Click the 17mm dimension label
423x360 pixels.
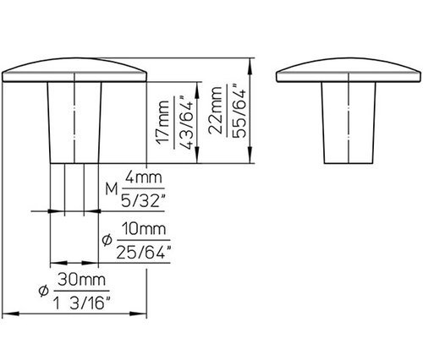tap(163, 123)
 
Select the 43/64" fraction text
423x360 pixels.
tap(186, 123)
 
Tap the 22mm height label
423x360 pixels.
tap(215, 110)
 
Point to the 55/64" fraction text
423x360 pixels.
tap(239, 111)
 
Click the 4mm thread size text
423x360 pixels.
tap(144, 177)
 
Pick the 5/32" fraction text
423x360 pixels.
tap(143, 201)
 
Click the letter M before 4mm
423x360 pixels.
tap(112, 188)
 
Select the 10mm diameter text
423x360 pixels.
tap(144, 229)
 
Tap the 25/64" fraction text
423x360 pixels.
tap(144, 252)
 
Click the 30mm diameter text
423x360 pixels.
tap(81, 280)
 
